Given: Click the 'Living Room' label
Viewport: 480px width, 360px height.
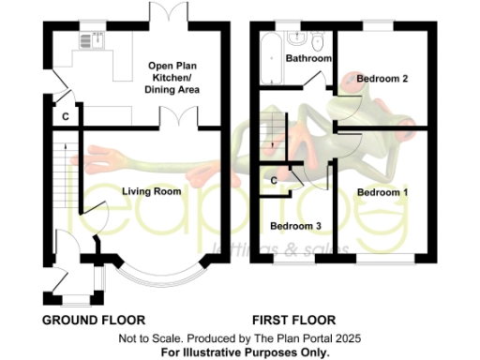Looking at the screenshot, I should coord(151,191).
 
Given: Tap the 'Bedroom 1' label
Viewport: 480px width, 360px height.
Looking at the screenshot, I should coord(382,192).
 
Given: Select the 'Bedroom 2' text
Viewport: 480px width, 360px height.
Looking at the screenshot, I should coord(382,80).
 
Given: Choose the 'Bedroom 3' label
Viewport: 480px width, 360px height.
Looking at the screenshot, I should coord(295,226).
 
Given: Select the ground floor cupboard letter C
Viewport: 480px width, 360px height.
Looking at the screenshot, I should coord(65,117).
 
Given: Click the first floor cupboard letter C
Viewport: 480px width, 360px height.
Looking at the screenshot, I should coord(274,180).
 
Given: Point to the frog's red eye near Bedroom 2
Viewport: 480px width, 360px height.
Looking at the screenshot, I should coord(348,81).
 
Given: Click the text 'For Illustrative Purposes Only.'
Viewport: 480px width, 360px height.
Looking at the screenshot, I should coord(245,352).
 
